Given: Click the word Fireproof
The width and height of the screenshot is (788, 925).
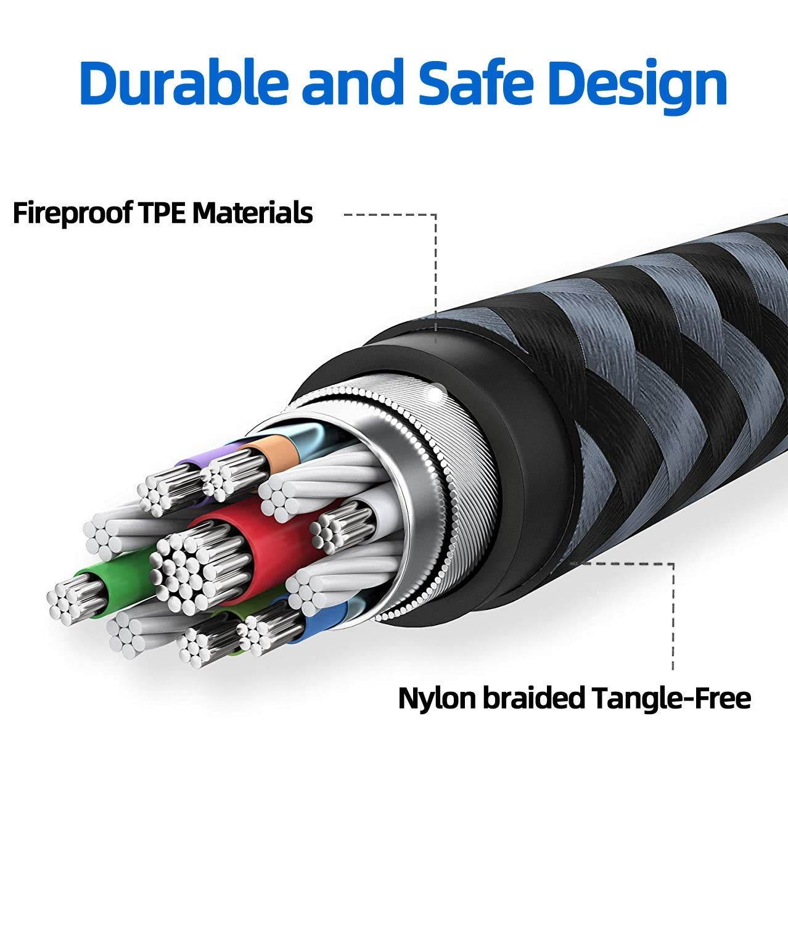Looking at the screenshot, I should point(72,213).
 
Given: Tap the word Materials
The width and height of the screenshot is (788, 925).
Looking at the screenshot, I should point(252,213).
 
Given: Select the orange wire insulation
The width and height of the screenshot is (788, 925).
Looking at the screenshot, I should point(271,447).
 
